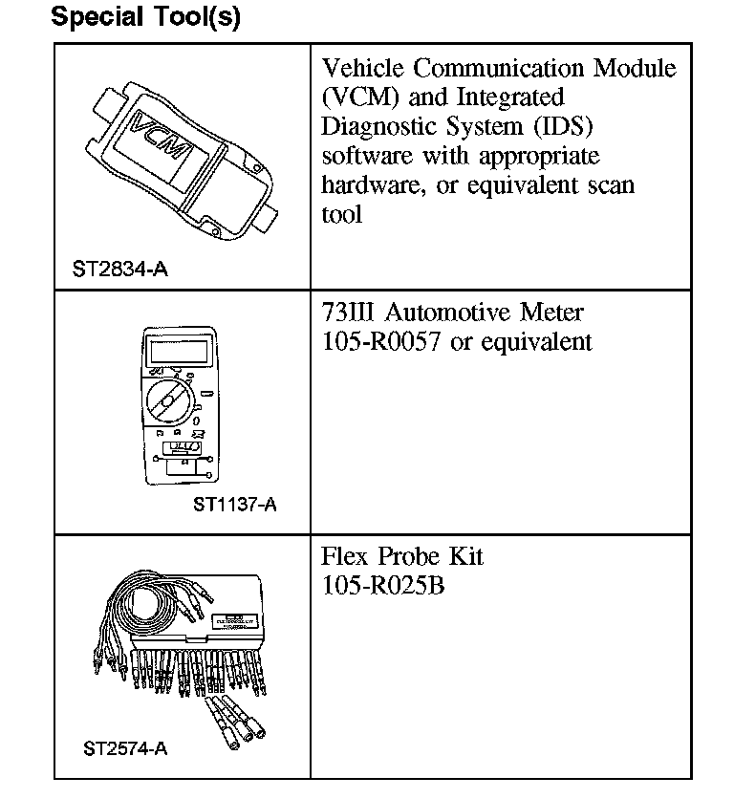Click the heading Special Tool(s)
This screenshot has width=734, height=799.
tap(144, 17)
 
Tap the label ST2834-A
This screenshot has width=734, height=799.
tap(119, 270)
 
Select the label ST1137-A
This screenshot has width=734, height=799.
tap(234, 504)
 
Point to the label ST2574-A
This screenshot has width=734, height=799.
tap(125, 748)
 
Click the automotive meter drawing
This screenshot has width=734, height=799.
tap(179, 406)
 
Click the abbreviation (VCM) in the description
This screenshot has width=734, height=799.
tap(356, 97)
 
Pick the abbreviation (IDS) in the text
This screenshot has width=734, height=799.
tap(562, 126)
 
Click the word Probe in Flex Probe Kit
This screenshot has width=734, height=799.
tap(406, 556)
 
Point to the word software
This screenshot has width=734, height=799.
tap(367, 155)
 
